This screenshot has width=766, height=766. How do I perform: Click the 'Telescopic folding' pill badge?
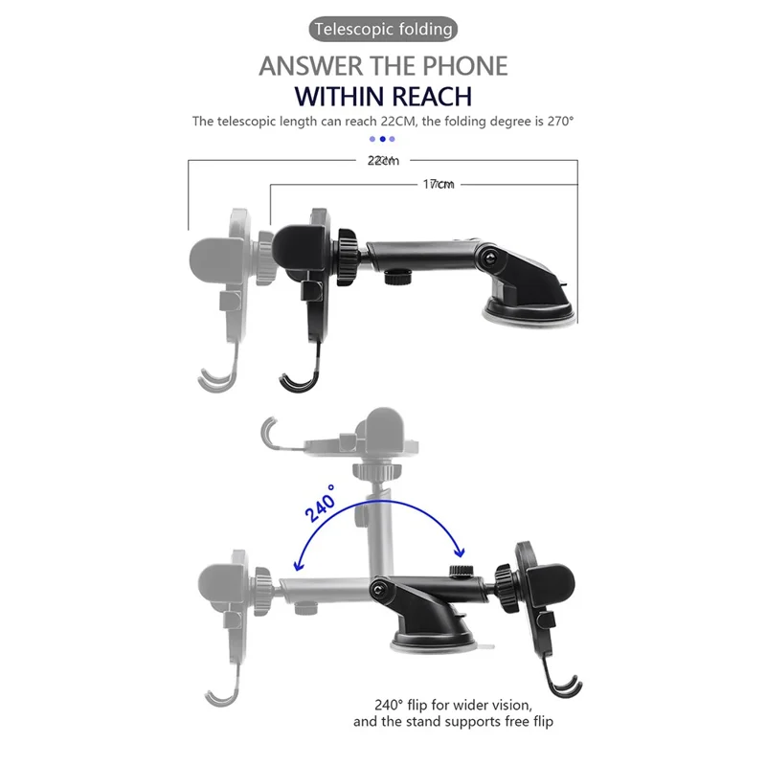click(x=383, y=30)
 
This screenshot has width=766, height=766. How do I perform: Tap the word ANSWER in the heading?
click(x=310, y=66)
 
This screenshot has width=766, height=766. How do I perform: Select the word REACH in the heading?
click(x=432, y=97)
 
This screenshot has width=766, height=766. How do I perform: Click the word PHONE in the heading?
click(x=464, y=66)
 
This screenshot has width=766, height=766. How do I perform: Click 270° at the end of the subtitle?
click(x=560, y=122)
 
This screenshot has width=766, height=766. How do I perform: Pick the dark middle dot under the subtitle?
click(x=382, y=139)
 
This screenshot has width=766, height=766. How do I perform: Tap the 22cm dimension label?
click(x=383, y=161)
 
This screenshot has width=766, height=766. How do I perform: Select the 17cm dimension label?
click(x=439, y=184)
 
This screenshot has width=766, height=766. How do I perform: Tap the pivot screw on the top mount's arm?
click(x=489, y=258)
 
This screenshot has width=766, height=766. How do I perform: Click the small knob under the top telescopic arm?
click(x=397, y=278)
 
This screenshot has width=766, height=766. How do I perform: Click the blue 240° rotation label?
click(x=321, y=503)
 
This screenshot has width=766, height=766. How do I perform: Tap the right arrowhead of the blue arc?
click(x=459, y=552)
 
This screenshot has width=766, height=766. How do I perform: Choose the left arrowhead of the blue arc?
click(x=298, y=565)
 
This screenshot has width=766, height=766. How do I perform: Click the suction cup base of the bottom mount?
click(x=433, y=640)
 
